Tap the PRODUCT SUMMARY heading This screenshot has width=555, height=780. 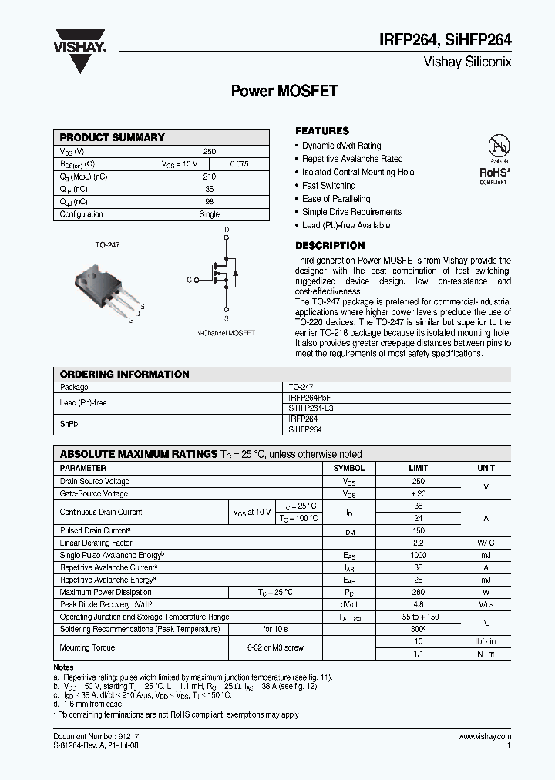coord(113,137)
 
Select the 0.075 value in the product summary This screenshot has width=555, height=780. coord(239,164)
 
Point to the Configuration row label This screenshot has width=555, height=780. coord(82,214)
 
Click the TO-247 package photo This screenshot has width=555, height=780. coord(106,287)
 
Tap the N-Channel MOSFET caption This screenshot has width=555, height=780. coord(225,332)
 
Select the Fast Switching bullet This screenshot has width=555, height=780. coord(329,186)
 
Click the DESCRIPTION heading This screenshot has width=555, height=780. coord(330,246)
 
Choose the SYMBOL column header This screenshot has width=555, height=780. coord(348,468)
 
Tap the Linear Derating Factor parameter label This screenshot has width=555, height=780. coord(96,543)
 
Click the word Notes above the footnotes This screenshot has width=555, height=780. coord(64,667)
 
